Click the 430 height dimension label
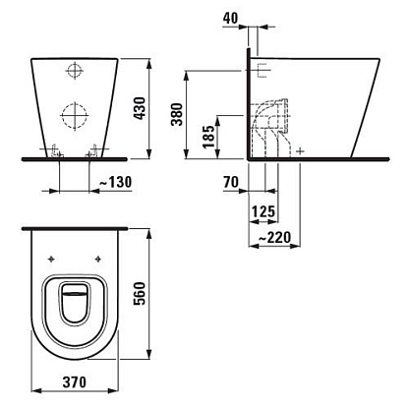click(140, 108)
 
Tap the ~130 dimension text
click(115, 182)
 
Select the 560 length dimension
click(139, 293)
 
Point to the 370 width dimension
click(75, 382)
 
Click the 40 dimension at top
click(231, 18)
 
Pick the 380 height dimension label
click(177, 114)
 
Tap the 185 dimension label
click(208, 137)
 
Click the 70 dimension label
click(231, 182)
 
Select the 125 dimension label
click(263, 211)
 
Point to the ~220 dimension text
click(274, 237)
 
